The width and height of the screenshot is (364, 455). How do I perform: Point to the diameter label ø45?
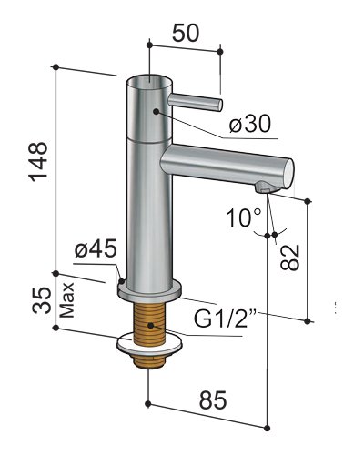pos(94,248)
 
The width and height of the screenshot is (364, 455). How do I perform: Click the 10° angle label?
pos(245,218)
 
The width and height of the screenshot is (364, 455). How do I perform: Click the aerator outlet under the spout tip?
pos(264,187)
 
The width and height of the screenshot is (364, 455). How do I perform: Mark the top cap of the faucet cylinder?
pos(147,82)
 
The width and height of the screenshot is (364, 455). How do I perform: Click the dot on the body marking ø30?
pos(157,111)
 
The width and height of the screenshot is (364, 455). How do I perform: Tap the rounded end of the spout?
pos(286,170)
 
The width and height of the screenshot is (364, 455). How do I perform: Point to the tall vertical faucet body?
pos(147,200)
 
